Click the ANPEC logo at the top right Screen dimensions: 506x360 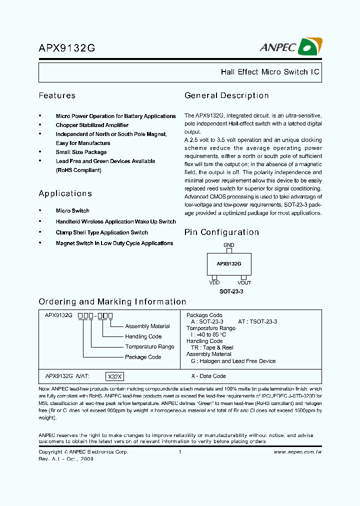(290, 47)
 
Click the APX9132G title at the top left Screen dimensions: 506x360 (67, 48)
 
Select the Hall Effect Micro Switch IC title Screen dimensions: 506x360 (269, 72)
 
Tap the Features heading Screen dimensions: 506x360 (57, 95)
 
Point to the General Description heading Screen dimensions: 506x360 (226, 95)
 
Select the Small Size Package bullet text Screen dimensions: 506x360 (81, 152)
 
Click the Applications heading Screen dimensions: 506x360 (65, 193)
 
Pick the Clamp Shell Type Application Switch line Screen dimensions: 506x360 (101, 232)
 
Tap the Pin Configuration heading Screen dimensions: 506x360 (221, 232)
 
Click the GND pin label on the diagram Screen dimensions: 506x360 (229, 245)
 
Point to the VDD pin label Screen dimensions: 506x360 (214, 282)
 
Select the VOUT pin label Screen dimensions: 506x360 (244, 282)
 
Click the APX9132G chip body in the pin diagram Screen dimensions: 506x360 (229, 263)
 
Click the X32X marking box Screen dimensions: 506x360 (114, 376)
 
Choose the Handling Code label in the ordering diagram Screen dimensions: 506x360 (143, 336)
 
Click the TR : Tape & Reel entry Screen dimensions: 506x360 (212, 347)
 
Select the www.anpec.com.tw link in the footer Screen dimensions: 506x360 (297, 452)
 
